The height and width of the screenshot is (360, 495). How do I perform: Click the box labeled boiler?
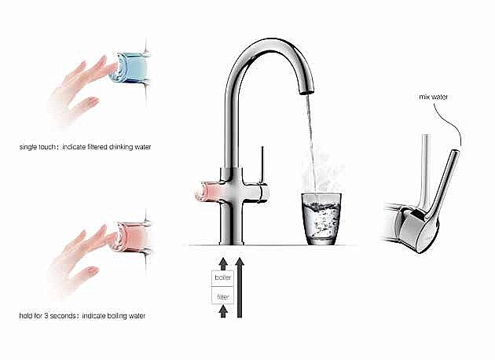223,278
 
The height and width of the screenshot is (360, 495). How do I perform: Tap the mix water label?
434,97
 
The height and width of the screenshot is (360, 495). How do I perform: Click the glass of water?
321,219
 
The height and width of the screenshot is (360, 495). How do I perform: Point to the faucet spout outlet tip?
306,92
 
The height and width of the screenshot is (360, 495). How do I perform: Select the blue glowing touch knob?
130,68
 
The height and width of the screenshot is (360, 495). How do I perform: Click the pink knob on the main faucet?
209,192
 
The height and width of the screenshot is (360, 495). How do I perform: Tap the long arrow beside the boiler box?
240,288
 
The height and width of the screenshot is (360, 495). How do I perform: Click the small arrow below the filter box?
223,311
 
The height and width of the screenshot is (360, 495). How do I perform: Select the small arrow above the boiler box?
223,263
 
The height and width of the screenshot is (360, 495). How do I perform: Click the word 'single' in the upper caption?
28,147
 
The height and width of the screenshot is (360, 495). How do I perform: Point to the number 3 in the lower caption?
46,315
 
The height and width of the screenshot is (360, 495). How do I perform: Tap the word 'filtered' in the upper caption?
96,147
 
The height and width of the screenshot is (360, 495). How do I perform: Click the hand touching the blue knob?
80,92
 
